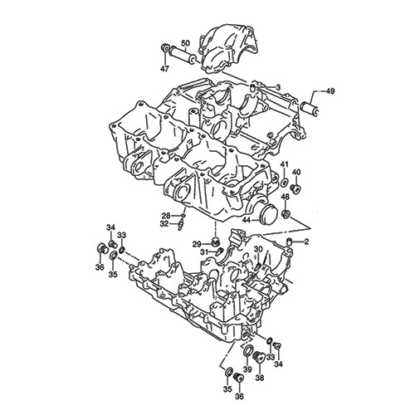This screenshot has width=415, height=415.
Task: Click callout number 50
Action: (184, 43)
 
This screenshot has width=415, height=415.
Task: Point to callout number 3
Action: (278, 86)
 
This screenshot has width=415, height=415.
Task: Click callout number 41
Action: (283, 164)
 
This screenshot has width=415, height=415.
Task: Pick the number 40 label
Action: (296, 173)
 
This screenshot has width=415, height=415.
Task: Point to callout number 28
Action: (166, 216)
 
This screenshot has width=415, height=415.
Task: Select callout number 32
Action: (164, 224)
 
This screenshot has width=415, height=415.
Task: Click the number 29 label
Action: (197, 243)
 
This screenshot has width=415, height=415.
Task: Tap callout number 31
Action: (203, 253)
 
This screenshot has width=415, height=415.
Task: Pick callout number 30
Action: (258, 249)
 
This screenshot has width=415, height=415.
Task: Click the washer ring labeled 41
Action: (284, 180)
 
